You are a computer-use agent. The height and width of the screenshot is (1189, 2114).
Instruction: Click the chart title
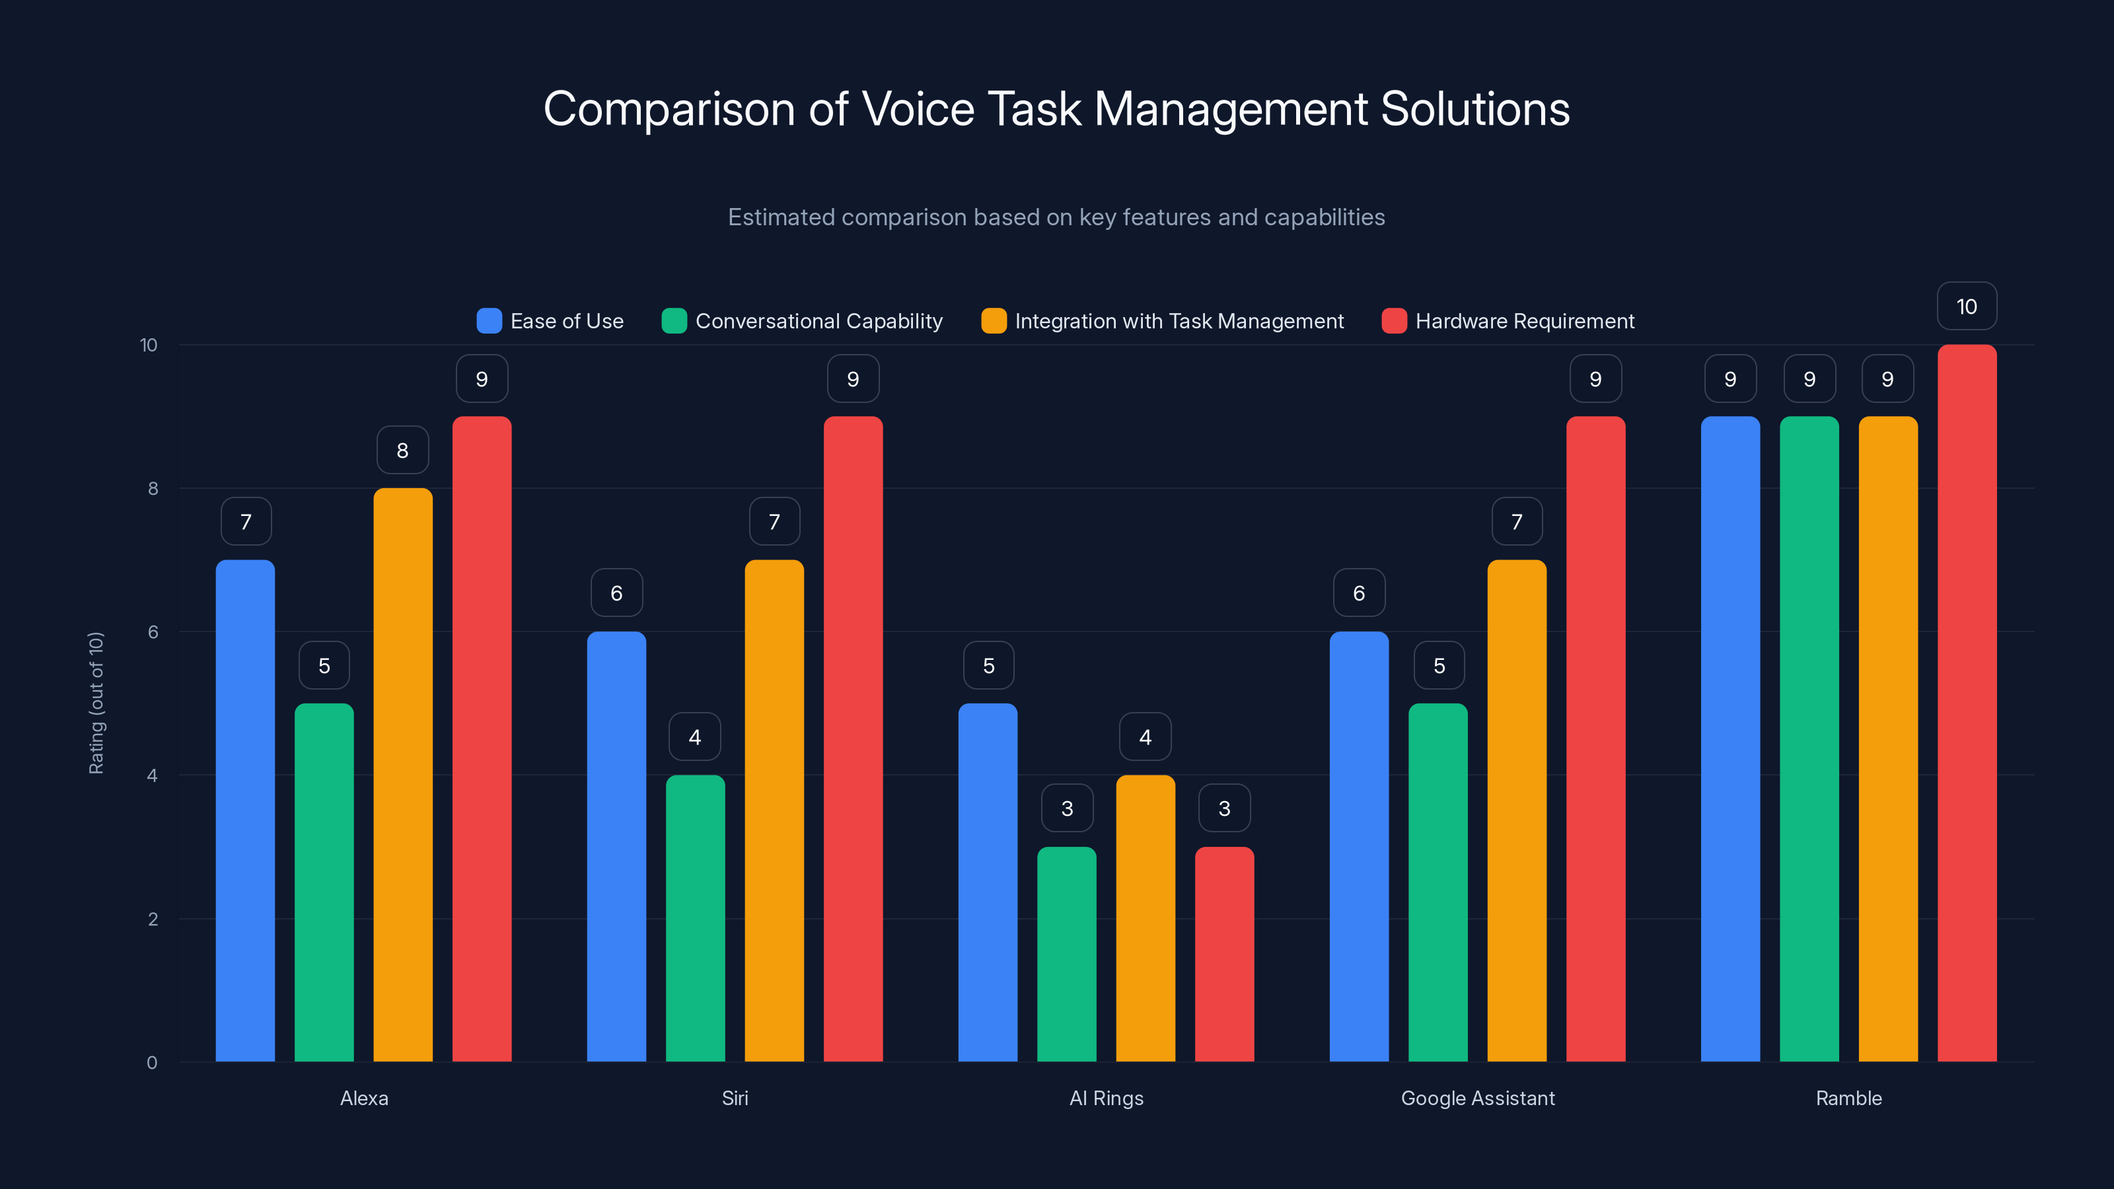pyautogui.click(x=1056, y=109)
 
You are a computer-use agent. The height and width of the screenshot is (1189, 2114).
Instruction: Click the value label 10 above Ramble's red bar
pyautogui.click(x=1966, y=307)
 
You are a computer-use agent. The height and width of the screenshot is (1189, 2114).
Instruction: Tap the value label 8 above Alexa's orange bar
pyautogui.click(x=402, y=450)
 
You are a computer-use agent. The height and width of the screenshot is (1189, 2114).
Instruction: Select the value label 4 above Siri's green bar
pyautogui.click(x=695, y=737)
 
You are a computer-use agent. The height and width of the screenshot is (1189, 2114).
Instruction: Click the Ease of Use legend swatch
pyautogui.click(x=489, y=321)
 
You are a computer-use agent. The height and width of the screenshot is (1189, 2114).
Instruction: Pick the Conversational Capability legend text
pyautogui.click(x=819, y=321)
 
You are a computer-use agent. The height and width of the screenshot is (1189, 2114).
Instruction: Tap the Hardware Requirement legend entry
pyautogui.click(x=1524, y=321)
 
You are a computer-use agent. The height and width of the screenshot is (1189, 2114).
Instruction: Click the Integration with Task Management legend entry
pyautogui.click(x=1179, y=321)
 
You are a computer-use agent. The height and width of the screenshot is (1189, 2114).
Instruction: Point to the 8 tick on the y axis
pyautogui.click(x=153, y=488)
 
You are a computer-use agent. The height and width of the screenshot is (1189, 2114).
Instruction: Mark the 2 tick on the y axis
pyautogui.click(x=153, y=919)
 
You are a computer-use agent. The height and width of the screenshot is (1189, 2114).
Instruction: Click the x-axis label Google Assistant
pyautogui.click(x=1477, y=1098)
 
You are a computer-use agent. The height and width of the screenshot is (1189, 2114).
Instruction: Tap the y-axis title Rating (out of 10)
pyautogui.click(x=96, y=702)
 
